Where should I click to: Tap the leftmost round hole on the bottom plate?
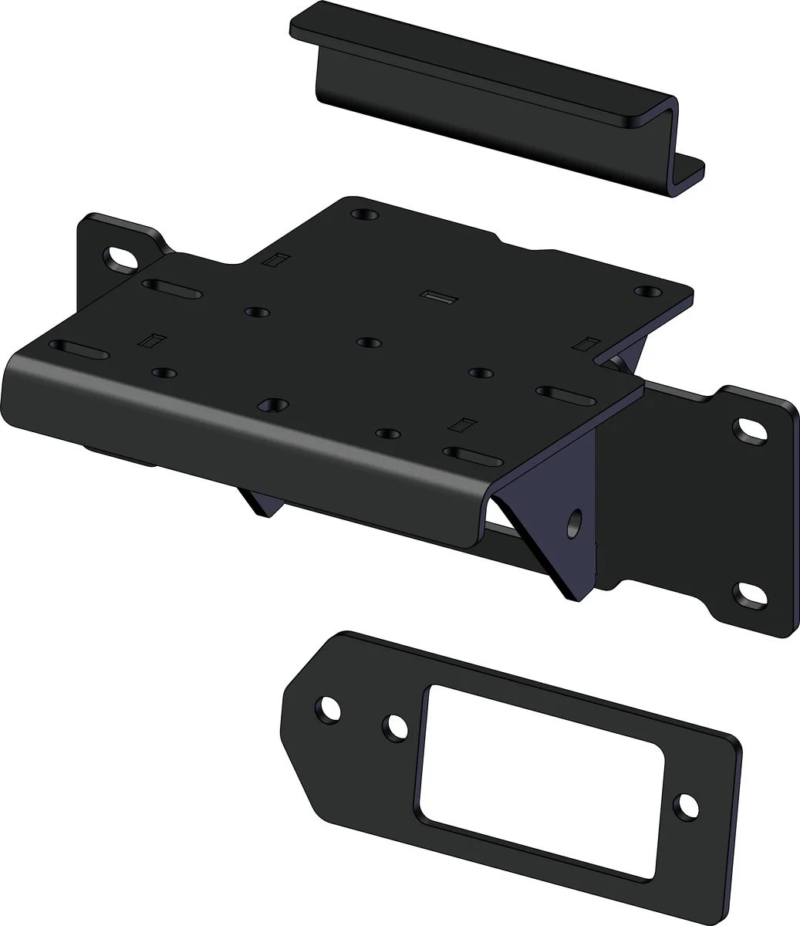329,708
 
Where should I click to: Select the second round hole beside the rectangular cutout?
396,726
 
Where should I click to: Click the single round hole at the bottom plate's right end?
685,806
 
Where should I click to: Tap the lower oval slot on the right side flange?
749,594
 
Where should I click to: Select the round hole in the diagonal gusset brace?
575,523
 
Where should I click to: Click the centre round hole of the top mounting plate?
369,342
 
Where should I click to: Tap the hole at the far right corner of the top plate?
647,292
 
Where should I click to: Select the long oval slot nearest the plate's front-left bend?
79,350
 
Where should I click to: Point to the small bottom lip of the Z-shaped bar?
692,174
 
